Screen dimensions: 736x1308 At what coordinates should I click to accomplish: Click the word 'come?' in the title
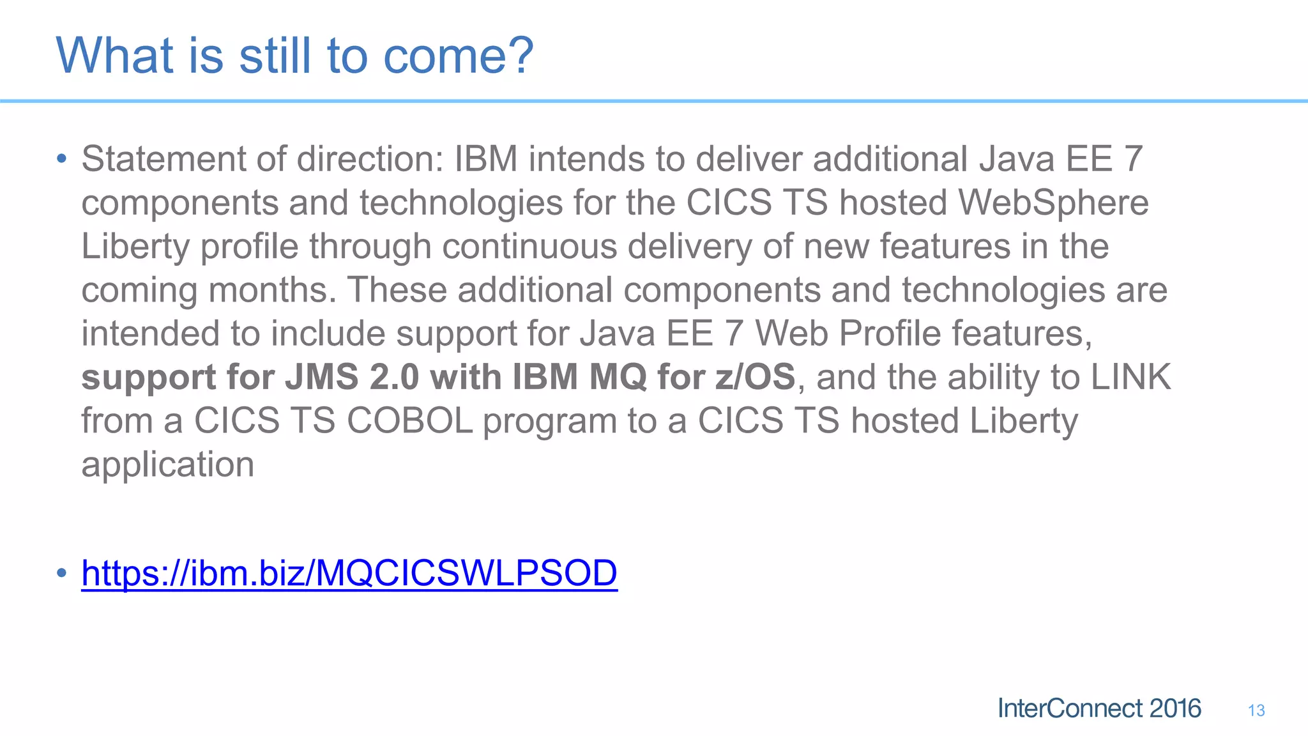[458, 56]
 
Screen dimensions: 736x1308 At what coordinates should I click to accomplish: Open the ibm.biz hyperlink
[349, 572]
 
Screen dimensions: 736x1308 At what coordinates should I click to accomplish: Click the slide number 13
[1256, 710]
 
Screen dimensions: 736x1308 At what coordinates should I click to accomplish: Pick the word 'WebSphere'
[1053, 203]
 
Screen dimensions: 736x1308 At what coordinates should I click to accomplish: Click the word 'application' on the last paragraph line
[167, 464]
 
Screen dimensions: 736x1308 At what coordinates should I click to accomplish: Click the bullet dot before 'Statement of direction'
[61, 158]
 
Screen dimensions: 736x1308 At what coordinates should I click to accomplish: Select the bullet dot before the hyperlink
[61, 572]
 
